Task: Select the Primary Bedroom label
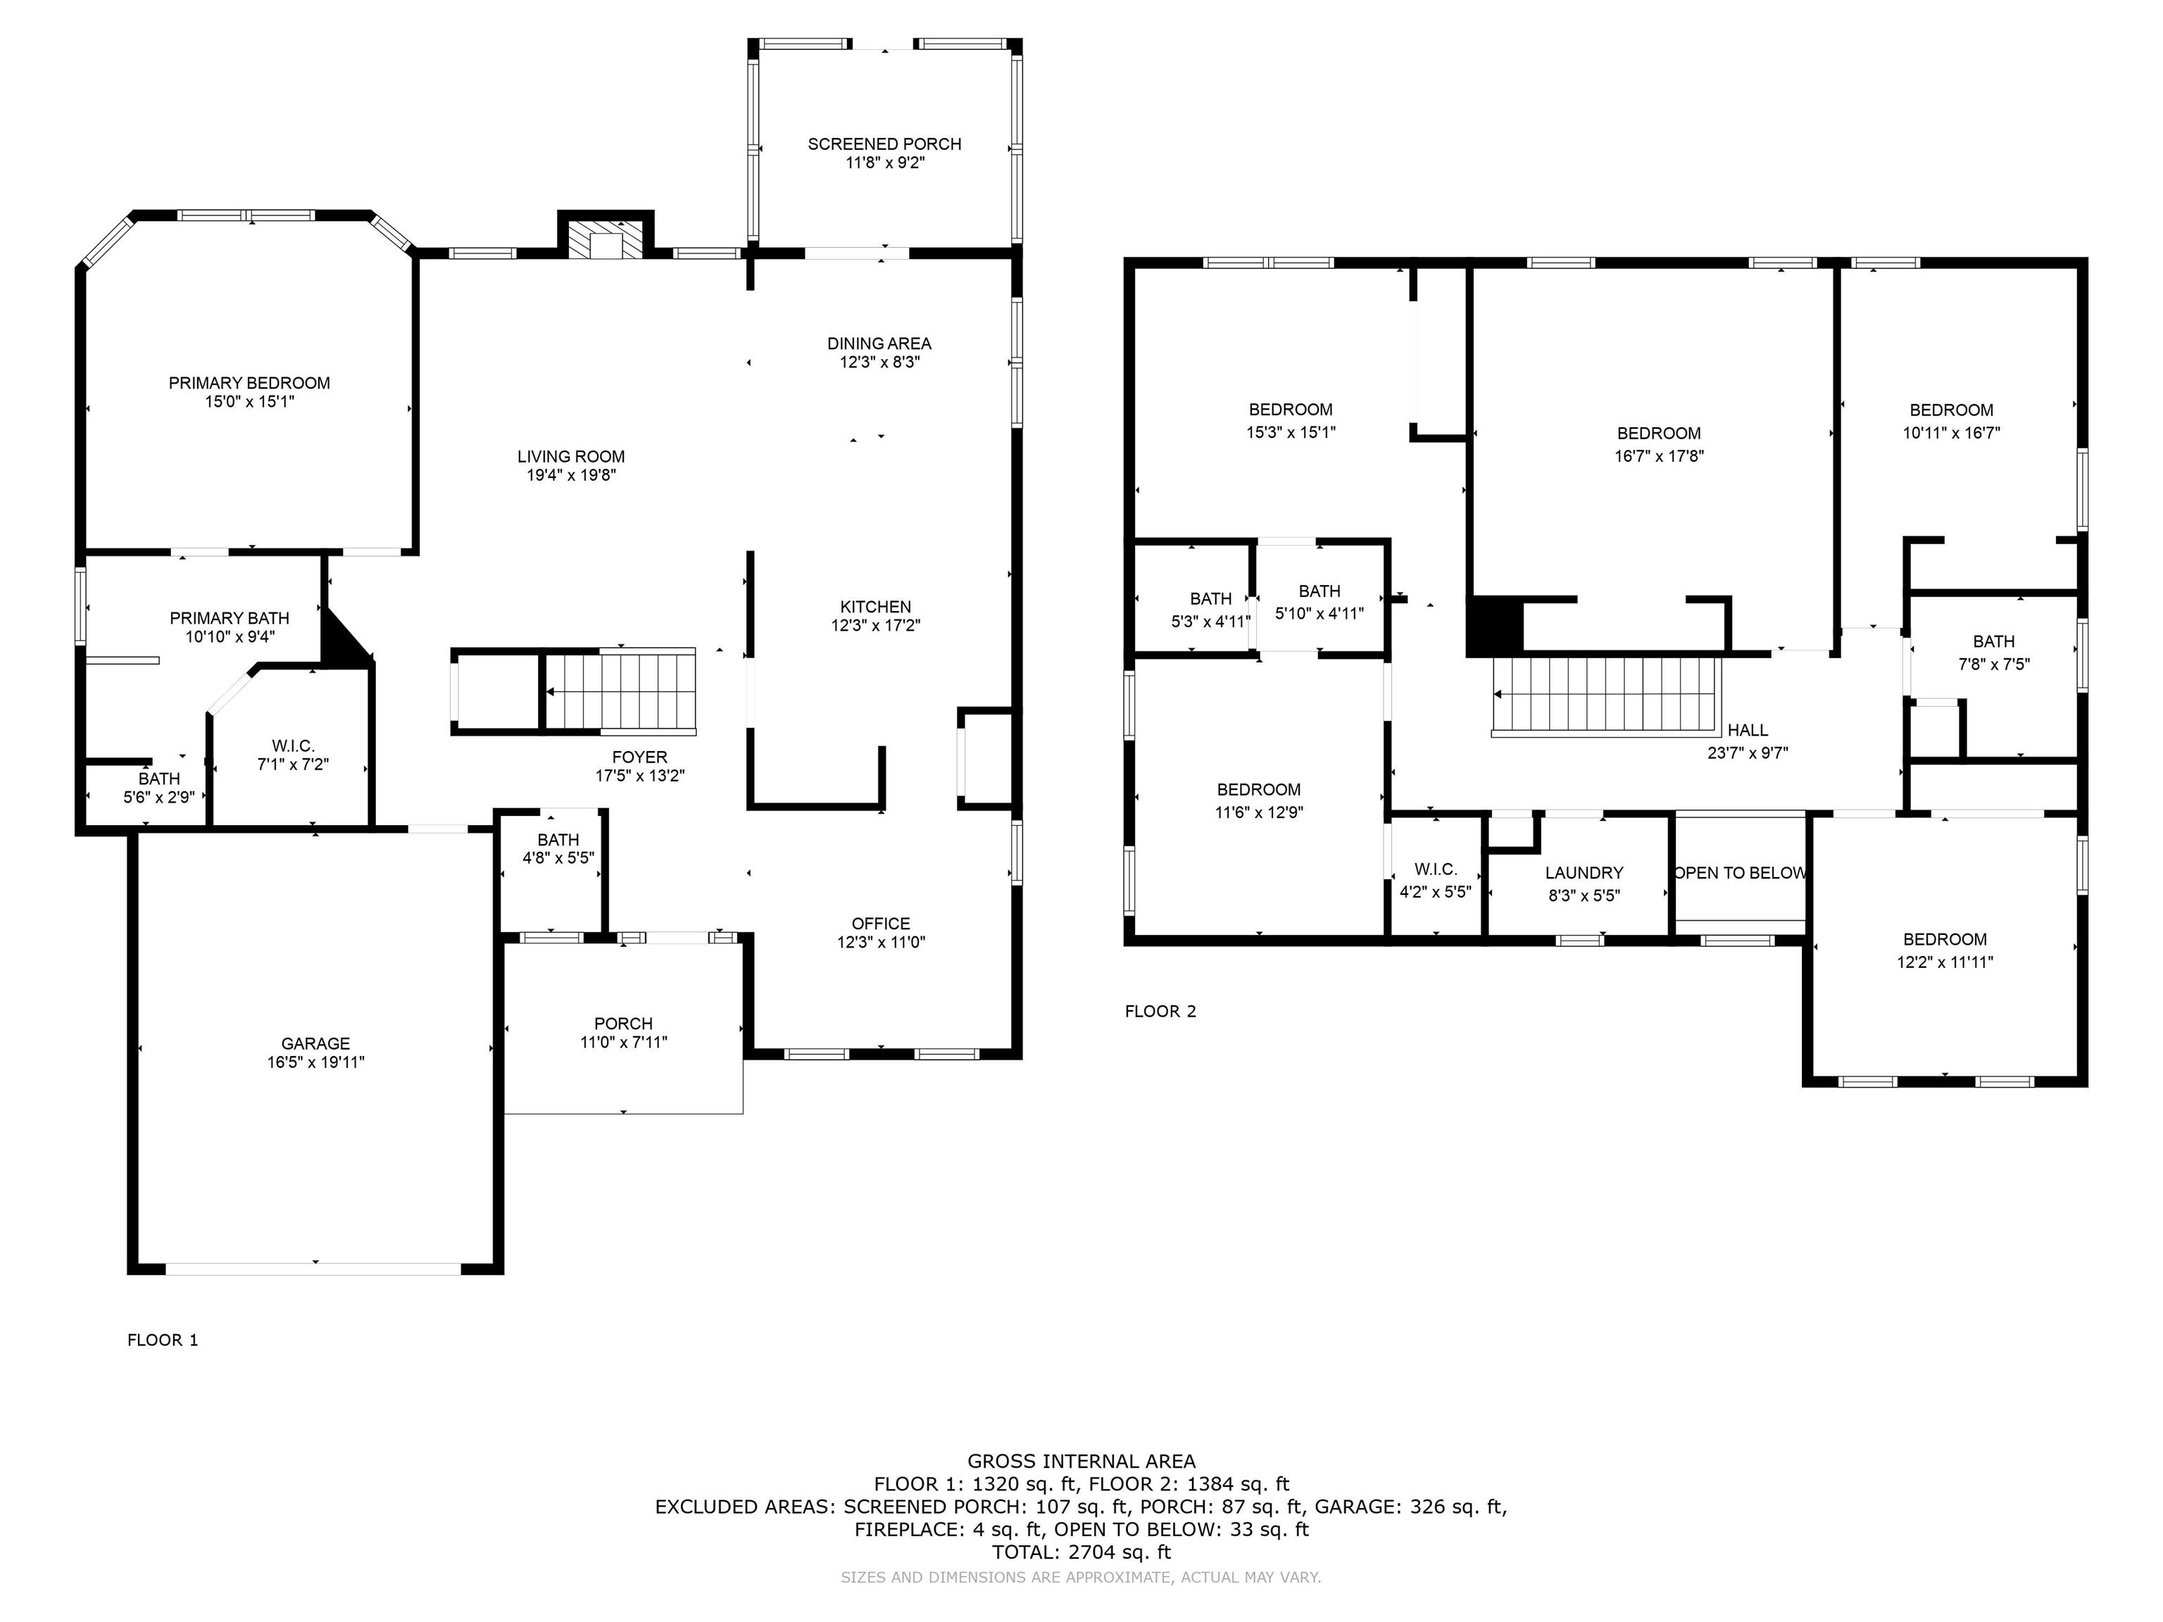(x=249, y=383)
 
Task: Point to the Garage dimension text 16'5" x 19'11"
(x=316, y=1062)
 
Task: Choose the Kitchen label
(x=875, y=607)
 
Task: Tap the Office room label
(x=880, y=924)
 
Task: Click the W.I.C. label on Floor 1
(x=294, y=746)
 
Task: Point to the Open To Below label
(x=1740, y=873)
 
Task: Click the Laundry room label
(x=1584, y=873)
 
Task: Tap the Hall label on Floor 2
(x=1748, y=730)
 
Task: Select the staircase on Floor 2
(x=1605, y=695)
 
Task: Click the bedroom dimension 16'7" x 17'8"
(x=1660, y=455)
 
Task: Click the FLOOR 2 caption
(x=1160, y=1012)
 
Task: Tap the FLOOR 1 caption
(x=163, y=1340)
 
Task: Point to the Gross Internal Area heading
(x=1081, y=1461)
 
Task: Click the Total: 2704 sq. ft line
(x=1081, y=1552)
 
